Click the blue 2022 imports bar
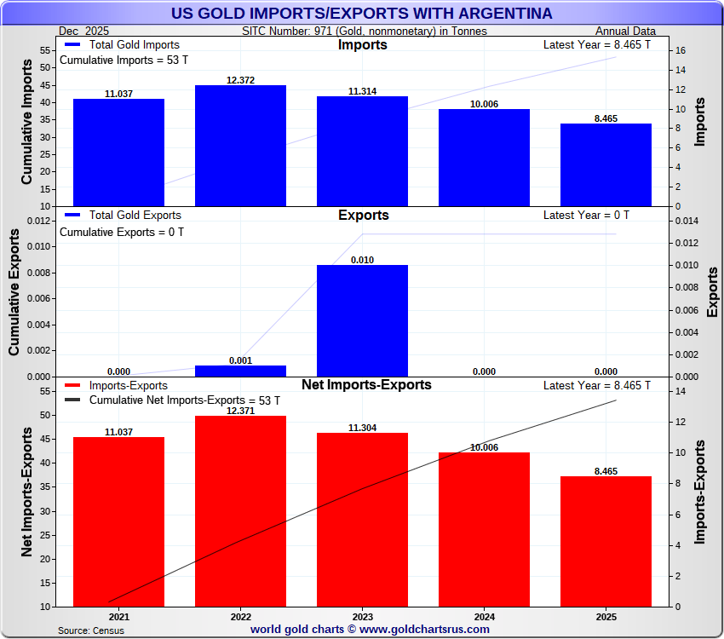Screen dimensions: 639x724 [x=240, y=146]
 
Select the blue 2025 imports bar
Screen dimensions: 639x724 [x=606, y=165]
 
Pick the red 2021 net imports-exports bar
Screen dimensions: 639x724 [x=118, y=521]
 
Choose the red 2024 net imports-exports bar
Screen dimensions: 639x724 [x=484, y=529]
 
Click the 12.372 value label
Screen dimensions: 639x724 [x=240, y=80]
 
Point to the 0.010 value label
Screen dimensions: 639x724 [x=362, y=260]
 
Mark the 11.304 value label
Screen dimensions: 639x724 [x=362, y=428]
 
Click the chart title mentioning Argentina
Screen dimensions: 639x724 [x=361, y=14]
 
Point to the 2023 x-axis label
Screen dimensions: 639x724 [x=362, y=617]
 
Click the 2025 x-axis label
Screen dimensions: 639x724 [x=606, y=617]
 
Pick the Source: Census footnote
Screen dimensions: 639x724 [x=91, y=630]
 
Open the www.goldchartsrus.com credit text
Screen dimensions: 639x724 [x=370, y=630]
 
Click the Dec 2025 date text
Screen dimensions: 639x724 [x=85, y=31]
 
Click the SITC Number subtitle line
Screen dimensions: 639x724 [x=365, y=31]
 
